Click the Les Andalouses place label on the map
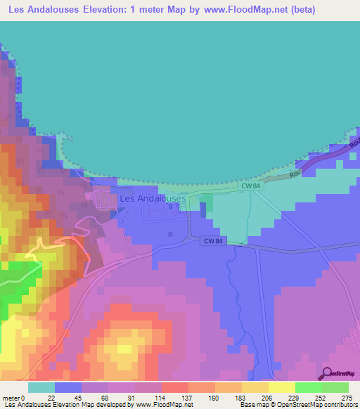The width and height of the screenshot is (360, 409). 153,199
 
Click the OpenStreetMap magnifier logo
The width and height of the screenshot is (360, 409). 328,373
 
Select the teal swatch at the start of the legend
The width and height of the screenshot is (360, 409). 41,387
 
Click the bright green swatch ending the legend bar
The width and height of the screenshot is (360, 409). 335,387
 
